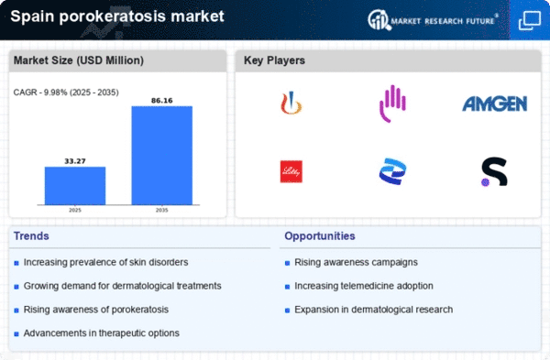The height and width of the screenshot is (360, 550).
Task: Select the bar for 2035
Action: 161,156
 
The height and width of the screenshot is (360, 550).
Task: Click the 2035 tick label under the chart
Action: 161,211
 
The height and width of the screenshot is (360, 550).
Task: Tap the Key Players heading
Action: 275,61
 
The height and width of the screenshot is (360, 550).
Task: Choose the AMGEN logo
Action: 493,104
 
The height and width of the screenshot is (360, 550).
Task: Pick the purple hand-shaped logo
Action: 392,104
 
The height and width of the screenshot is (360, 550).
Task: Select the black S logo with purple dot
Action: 493,171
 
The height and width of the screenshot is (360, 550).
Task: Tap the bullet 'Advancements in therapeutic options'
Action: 102,333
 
